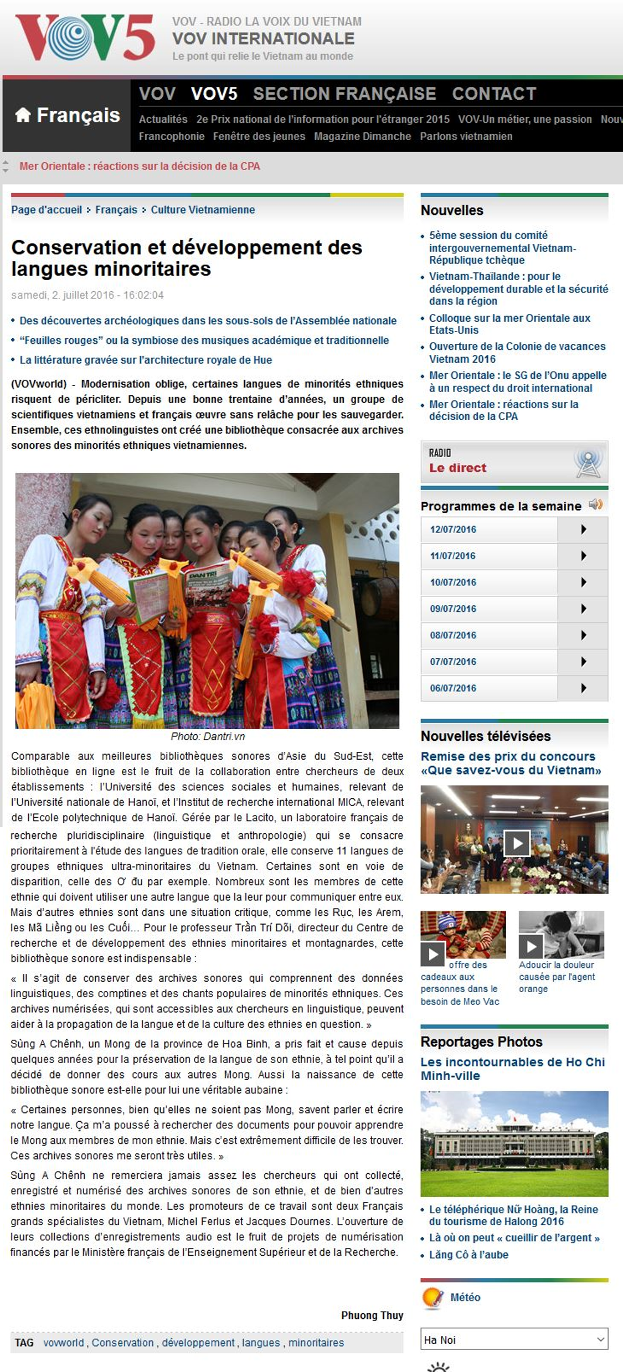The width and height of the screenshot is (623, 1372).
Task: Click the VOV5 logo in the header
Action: click(85, 38)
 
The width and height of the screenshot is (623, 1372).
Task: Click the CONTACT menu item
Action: click(494, 94)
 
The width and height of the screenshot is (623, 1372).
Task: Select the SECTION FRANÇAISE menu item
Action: click(344, 94)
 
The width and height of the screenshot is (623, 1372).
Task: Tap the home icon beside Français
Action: click(23, 115)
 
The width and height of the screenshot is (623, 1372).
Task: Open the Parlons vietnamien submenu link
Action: click(466, 136)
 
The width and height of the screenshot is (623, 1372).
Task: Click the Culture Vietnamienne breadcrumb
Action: click(203, 210)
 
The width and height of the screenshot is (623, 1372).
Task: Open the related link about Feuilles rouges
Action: click(204, 340)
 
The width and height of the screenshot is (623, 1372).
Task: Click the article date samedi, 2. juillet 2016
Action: click(87, 295)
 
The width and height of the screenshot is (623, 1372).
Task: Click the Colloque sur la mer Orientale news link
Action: click(509, 324)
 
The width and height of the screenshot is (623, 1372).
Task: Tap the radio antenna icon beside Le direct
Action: click(588, 463)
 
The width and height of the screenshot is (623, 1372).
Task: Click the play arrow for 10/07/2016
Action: click(583, 582)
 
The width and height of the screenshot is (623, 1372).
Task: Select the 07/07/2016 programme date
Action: click(453, 662)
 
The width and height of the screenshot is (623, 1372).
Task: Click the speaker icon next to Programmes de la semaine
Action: click(596, 504)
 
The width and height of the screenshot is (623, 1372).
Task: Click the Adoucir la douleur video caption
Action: click(557, 977)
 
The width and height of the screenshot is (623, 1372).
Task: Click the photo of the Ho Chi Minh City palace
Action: click(514, 1143)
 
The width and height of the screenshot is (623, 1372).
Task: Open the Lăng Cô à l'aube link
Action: click(468, 1255)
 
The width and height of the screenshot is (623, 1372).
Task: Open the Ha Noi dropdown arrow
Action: click(600, 1339)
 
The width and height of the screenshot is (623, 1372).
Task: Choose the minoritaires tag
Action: click(316, 1343)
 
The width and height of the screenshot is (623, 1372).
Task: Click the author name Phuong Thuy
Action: click(372, 1315)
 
